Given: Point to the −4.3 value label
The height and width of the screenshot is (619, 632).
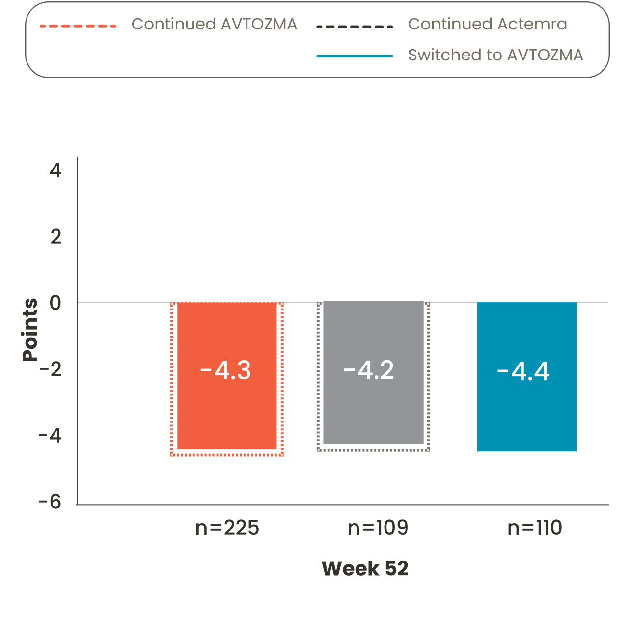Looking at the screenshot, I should coord(225,370).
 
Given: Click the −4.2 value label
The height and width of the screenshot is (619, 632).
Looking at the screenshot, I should coord(369,370).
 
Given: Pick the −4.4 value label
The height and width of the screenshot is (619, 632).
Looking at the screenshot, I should coord(523,371).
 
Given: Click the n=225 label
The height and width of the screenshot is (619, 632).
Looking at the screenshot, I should coord(227,528).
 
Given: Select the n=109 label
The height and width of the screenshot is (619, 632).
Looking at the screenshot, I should coord(378,528).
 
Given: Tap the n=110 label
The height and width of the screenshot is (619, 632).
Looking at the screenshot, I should coord(534,528).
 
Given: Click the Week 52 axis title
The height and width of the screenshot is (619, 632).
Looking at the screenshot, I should coord(365,568).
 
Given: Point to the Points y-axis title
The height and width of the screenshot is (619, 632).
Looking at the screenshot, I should coord(30,329).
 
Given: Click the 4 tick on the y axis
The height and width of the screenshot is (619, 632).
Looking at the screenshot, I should coord(55,170).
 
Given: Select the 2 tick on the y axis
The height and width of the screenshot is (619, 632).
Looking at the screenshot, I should coord(56,237).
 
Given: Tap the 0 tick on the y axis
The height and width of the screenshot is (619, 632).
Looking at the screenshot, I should coord(55,303).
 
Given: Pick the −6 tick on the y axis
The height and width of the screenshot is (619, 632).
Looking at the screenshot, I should coord(50,502).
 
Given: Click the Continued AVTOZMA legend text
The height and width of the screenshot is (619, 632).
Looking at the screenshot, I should coord(214,24).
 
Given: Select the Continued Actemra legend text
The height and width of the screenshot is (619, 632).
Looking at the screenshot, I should coord(487,24).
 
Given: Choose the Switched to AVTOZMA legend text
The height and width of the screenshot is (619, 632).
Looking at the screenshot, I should coord(495,55).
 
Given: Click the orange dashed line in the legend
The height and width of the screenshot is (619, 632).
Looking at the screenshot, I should coord(78,26).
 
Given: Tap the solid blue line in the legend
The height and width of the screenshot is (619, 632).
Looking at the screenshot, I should coord(355,56).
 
